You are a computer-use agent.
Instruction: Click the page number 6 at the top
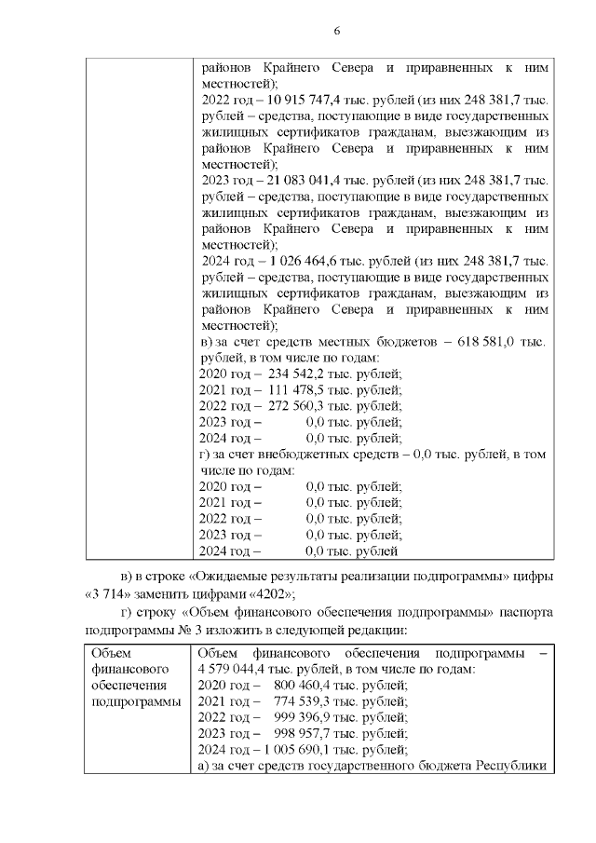point(337,31)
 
